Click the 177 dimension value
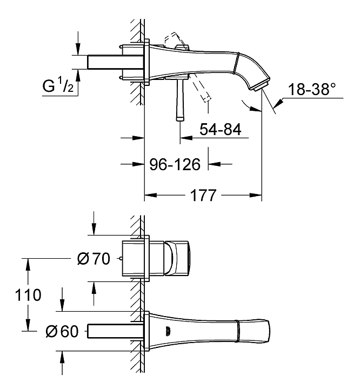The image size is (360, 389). coord(203,195)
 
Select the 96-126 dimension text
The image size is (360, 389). coord(175,164)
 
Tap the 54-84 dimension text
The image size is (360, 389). coord(221,129)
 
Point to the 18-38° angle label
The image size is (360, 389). coord(312,89)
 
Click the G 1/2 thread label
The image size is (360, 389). coord(58,85)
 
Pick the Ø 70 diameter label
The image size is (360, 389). coord(94,258)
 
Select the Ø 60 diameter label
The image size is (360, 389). coord(62,331)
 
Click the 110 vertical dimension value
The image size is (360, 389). coord(28,295)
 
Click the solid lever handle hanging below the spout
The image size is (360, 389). coord(180,99)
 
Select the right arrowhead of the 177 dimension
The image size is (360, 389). coord(256,195)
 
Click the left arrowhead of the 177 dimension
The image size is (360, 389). coord(150,195)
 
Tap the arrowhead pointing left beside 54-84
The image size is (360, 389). coord(186,137)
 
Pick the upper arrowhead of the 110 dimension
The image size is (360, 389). coord(28,265)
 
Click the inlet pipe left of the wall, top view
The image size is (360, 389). coord(115,62)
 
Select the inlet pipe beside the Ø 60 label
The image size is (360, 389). coord(115,331)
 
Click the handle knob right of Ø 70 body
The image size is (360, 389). coord(177,258)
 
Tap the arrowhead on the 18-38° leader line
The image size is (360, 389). coord(278,103)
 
